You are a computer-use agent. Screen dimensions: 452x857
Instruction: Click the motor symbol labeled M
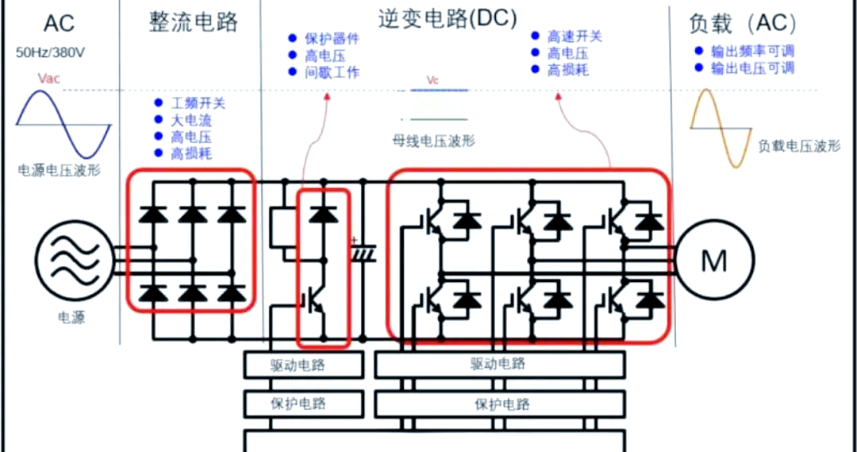[714, 259]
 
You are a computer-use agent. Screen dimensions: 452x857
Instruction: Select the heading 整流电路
[193, 21]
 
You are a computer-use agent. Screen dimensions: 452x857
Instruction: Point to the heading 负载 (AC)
[741, 24]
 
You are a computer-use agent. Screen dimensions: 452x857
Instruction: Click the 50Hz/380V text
[52, 54]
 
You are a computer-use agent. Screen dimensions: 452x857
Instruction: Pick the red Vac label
[48, 79]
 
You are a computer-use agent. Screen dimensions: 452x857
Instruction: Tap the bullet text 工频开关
[198, 103]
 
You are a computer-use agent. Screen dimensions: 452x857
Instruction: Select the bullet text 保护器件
[332, 38]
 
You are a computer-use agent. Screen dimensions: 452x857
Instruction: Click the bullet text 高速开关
[575, 37]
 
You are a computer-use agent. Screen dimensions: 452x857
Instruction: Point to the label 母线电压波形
[433, 141]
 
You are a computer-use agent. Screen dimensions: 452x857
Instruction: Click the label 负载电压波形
[799, 146]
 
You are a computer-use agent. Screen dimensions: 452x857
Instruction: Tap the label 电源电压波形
[60, 171]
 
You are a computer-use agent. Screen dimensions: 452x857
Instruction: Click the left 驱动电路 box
[302, 365]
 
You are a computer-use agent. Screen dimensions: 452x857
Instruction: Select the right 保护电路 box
[501, 403]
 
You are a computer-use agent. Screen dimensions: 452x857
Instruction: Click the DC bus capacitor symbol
[363, 250]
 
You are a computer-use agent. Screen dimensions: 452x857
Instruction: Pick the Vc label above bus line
[432, 80]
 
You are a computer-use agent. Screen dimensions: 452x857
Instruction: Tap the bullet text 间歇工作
[332, 72]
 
